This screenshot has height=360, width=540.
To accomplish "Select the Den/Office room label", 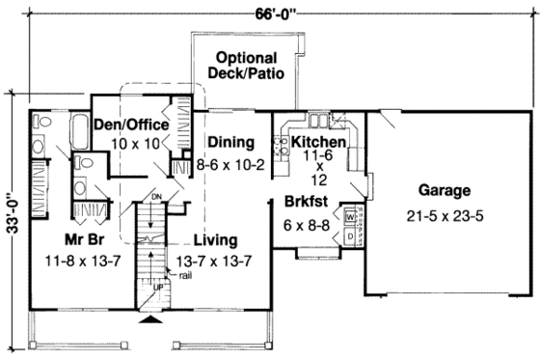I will pos(131,125).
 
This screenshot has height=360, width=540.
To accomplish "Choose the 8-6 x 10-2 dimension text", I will pos(231,164).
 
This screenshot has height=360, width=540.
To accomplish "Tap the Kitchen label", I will pos(318,141).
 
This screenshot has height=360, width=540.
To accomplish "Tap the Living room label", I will pos(214,239).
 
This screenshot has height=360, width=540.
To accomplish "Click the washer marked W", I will pos(350,217).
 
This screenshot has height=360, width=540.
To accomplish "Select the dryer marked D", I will pos(350,235).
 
